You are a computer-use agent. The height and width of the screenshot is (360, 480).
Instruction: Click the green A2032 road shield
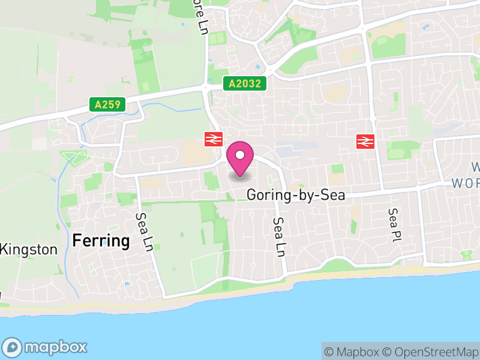pos(245,83)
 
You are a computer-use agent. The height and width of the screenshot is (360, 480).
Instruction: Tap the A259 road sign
pos(108,104)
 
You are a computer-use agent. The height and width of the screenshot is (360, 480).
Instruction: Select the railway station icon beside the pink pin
pos(213,139)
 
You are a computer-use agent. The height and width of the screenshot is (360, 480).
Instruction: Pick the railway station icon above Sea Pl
pos(365,141)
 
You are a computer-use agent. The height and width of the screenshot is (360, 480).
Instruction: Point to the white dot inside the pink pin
pos(240,155)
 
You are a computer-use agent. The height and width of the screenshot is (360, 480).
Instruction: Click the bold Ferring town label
pos(101,241)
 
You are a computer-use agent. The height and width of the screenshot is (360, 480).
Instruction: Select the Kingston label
pos(30,250)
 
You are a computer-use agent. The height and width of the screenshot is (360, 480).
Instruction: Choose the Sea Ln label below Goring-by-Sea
pos(277,237)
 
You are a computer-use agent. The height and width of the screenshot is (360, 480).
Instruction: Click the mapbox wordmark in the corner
pos(55,347)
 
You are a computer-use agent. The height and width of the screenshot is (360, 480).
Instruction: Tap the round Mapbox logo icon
pos(13,347)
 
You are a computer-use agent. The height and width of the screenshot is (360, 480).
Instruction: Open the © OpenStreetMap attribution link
pos(431,352)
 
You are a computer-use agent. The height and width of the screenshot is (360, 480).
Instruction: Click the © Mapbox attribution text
pos(352,352)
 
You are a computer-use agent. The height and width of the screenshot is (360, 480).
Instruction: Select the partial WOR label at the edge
pos(466,183)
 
